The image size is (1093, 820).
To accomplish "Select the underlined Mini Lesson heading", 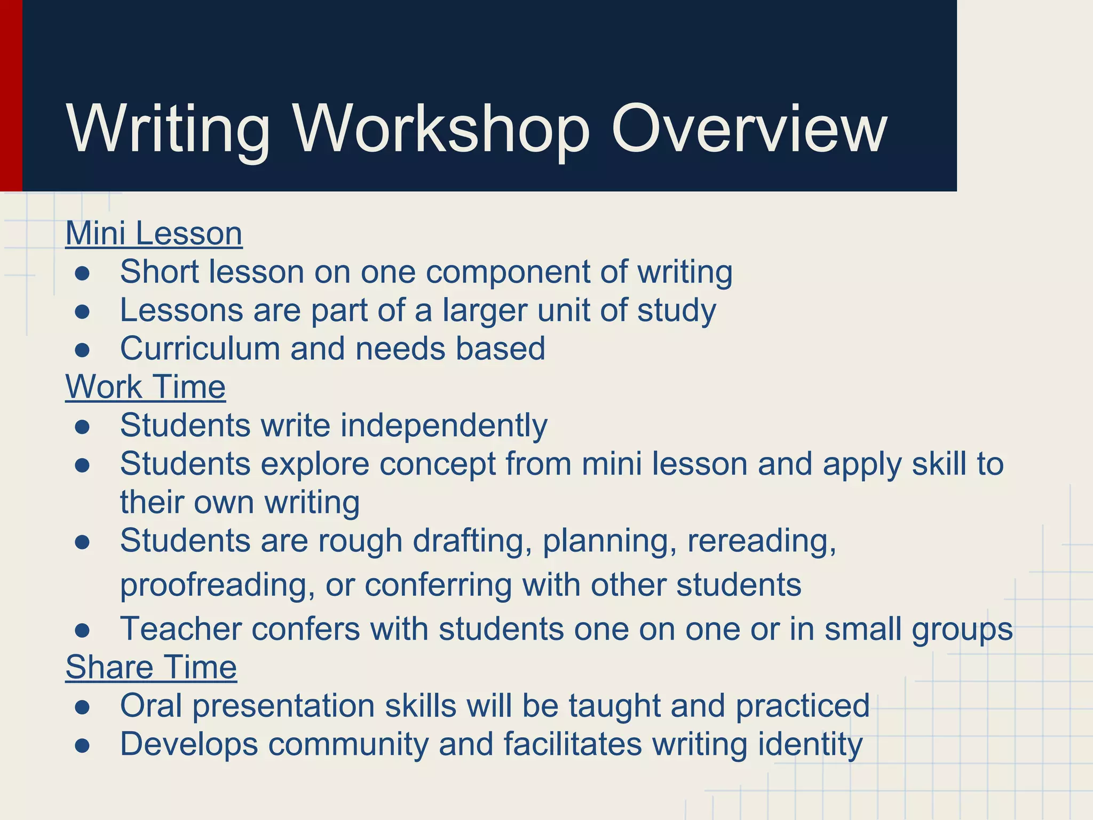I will coord(154,234).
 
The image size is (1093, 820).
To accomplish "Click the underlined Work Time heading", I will coord(145,387).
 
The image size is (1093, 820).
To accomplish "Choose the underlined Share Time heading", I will coord(151,668).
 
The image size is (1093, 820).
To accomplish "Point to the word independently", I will coord(444,426).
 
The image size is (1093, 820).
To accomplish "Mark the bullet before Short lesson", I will coord(82,274).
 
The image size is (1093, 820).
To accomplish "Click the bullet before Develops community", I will coord(82,746).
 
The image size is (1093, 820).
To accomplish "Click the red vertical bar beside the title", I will coord(11,96).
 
